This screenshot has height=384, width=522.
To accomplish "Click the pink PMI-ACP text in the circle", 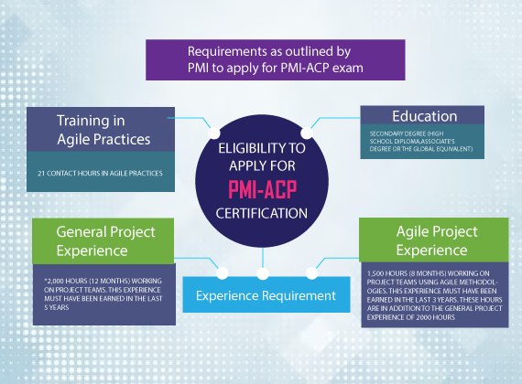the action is click(x=262, y=190).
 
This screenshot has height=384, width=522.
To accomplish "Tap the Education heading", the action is click(x=424, y=116).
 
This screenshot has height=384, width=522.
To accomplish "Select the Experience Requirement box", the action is click(x=266, y=294).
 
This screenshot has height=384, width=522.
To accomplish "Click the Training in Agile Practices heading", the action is click(x=103, y=130).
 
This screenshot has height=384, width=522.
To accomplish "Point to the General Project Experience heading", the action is click(x=105, y=241).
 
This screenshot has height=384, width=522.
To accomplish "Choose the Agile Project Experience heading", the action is click(x=437, y=240).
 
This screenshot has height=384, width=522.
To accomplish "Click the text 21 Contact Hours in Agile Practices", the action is click(x=100, y=173).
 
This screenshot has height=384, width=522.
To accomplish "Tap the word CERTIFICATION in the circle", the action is click(x=262, y=213).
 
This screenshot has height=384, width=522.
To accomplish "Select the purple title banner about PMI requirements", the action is click(x=276, y=59).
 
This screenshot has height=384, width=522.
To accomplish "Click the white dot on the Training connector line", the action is click(x=214, y=133).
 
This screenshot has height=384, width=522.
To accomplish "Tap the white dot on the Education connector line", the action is click(x=307, y=133).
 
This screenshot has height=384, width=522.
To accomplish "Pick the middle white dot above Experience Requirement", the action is click(x=263, y=273).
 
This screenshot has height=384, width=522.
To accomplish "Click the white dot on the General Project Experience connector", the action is click(x=223, y=273).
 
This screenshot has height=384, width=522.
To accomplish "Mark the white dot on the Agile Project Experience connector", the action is click(x=312, y=273).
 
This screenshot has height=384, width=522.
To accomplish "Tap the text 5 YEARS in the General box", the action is click(x=57, y=307).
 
